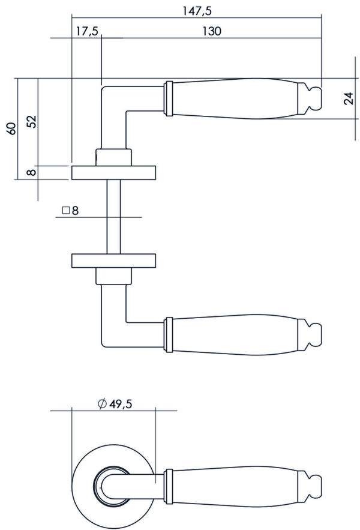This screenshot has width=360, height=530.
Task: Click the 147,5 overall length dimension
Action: (197, 11)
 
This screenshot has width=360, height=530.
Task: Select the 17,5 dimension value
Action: (86, 31)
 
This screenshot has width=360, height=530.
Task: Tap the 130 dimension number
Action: (212, 31)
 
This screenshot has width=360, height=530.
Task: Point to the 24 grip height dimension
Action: (350, 98)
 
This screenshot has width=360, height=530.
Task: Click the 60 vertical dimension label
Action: (12, 129)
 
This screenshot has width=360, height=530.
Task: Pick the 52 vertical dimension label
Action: (32, 122)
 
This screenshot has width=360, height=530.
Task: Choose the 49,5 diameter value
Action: (121, 403)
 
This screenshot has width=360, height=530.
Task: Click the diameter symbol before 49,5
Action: (102, 403)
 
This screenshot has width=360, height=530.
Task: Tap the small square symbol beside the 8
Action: (66, 211)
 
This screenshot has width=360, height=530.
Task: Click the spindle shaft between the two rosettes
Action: (113, 217)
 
